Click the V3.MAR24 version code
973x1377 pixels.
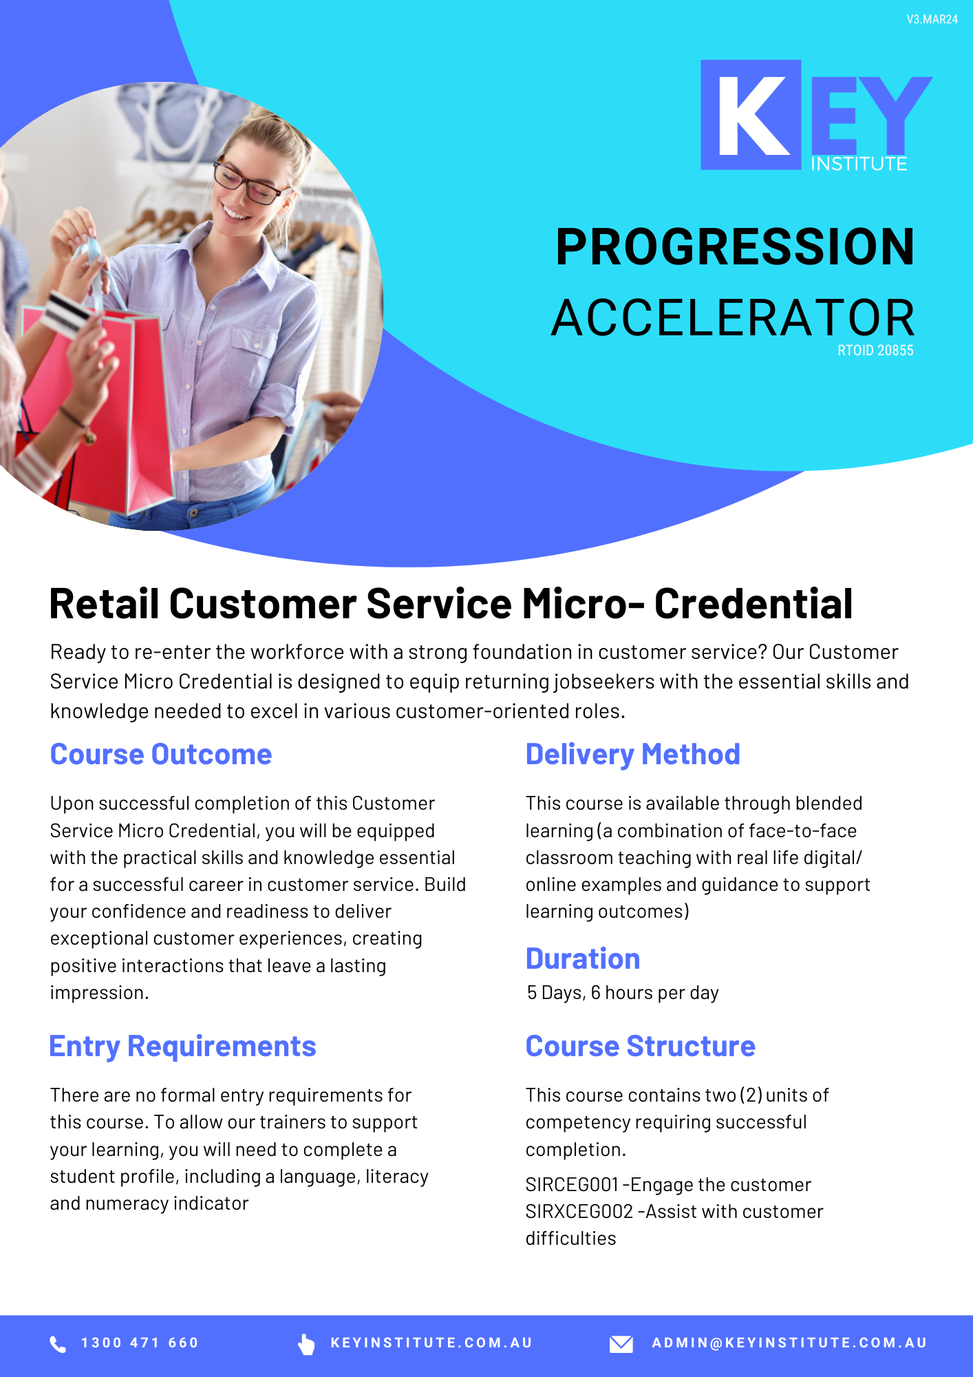click(932, 19)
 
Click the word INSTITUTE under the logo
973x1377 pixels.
click(859, 164)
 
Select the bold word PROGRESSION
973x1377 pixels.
click(735, 246)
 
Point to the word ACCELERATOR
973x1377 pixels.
click(733, 317)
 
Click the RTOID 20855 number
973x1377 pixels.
click(875, 350)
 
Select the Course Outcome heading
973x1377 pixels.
click(161, 755)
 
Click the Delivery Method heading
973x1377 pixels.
click(633, 755)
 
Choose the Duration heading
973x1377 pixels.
click(583, 958)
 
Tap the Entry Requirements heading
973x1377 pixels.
click(183, 1047)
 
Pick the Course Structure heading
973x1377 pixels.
click(641, 1047)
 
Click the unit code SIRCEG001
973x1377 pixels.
click(573, 1185)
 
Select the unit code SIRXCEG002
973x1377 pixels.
click(579, 1212)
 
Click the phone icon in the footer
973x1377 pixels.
click(58, 1343)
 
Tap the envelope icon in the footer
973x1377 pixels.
click(621, 1343)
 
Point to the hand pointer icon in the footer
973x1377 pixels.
click(306, 1343)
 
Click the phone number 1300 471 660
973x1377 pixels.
click(140, 1343)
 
